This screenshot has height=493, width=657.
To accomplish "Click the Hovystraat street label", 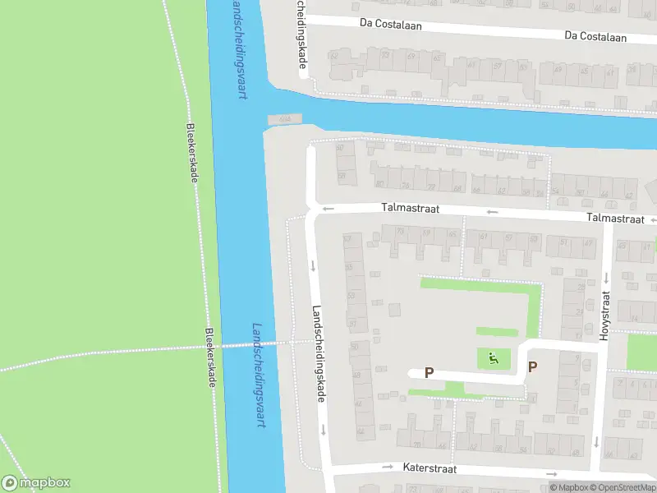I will click(x=606, y=316).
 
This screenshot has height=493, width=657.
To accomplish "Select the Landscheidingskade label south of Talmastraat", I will click(x=318, y=354).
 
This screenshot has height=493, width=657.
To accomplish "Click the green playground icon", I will click(x=493, y=358).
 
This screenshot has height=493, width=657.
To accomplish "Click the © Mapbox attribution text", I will click(x=568, y=487).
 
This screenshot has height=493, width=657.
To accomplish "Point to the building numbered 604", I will click(x=285, y=119).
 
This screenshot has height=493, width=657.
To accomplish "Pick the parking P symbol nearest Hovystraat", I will click(x=532, y=367).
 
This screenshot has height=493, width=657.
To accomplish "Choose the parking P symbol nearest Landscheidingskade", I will click(x=429, y=372).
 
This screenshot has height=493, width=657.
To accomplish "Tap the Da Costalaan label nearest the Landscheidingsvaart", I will click(x=390, y=25).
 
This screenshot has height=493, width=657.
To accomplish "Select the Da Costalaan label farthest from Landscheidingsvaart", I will click(x=595, y=37).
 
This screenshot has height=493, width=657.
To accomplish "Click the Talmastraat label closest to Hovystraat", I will click(x=614, y=219).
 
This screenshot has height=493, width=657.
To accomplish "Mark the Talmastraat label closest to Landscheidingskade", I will click(x=410, y=210).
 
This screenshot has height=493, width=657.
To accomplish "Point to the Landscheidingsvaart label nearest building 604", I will click(x=240, y=49).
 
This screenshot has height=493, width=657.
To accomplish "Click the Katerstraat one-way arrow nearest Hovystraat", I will click(x=550, y=474).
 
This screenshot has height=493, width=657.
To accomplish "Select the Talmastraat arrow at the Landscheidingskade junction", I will click(x=328, y=208).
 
